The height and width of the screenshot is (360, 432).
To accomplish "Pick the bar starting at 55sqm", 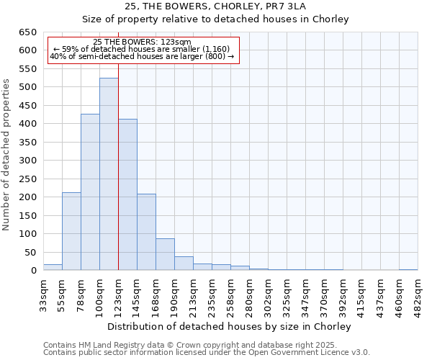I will [71, 231].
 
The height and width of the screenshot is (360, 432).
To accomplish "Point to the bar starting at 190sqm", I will [184, 263].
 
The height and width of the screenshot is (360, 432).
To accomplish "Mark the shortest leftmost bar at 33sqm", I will [53, 267].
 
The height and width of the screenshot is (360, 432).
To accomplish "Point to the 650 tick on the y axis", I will [27, 32].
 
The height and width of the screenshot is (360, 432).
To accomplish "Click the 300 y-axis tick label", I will [27, 161].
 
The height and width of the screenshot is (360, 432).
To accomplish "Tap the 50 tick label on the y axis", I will [30, 252].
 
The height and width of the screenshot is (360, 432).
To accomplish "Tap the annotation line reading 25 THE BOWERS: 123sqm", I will [143, 42].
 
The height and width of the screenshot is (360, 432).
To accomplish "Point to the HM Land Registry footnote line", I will [190, 345].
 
